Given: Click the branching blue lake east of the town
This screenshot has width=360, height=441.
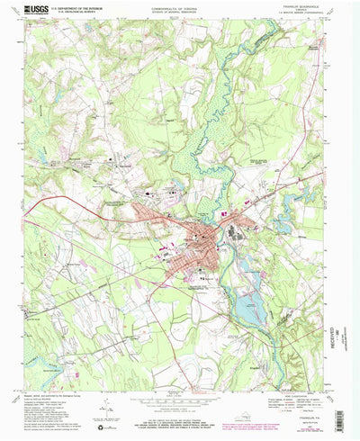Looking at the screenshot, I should (290, 212).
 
